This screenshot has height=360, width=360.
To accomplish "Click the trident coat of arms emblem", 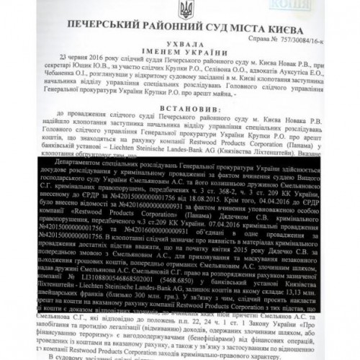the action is [x=180, y=11].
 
